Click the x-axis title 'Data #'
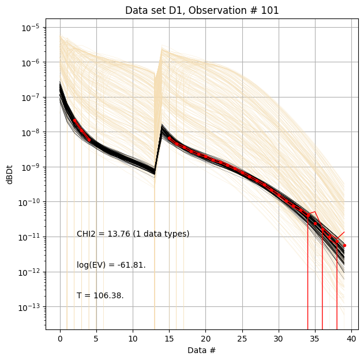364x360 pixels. tap(201, 350)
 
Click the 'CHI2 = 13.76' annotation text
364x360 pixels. tap(133, 234)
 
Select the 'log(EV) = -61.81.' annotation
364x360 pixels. tap(111, 265)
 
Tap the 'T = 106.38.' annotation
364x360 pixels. tap(100, 295)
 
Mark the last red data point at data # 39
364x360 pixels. tap(344, 246)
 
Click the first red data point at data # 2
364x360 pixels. tap(74, 121)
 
